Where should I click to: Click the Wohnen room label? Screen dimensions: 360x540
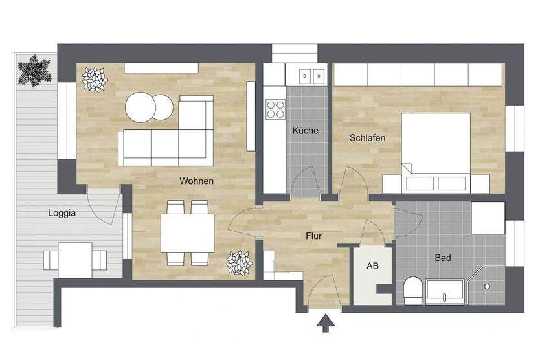pos(196,181)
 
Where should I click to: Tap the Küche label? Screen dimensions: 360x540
pos(305,130)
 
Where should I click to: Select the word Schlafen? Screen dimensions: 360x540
pos(368,138)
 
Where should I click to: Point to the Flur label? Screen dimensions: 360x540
pos(313,236)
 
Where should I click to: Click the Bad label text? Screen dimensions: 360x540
pos(443,258)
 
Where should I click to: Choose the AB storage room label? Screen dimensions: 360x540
pos(373,266)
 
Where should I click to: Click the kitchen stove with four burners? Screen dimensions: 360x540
pos(275,108)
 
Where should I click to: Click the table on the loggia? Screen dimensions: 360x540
pos(75,260)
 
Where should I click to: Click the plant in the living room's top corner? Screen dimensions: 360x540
pos(96,80)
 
